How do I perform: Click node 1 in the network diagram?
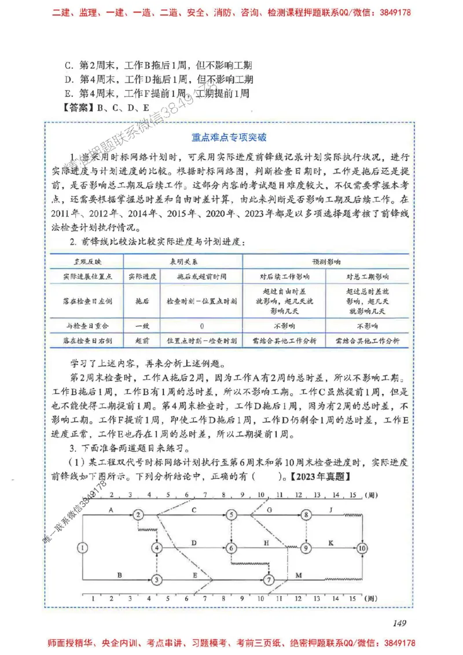83,547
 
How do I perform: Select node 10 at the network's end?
362,547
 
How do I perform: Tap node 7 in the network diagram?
269,579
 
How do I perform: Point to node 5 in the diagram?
231,514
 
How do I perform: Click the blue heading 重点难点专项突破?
230,138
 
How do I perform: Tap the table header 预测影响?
326,262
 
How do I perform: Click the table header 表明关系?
183,262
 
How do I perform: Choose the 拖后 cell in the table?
142,301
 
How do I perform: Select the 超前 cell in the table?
142,341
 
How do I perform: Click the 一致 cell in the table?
142,326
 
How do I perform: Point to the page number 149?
400,623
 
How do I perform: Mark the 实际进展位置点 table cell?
89,276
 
